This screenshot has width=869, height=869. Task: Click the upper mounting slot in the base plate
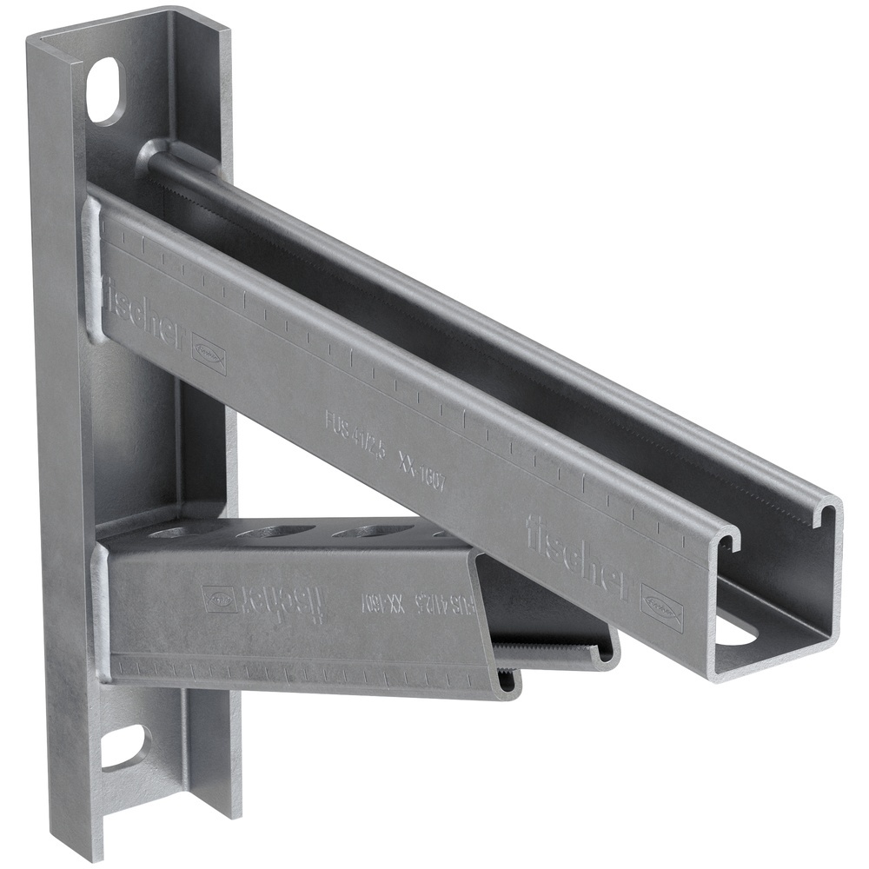106,91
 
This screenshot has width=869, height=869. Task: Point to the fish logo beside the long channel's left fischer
209,352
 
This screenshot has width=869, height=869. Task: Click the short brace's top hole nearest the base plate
178,531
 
